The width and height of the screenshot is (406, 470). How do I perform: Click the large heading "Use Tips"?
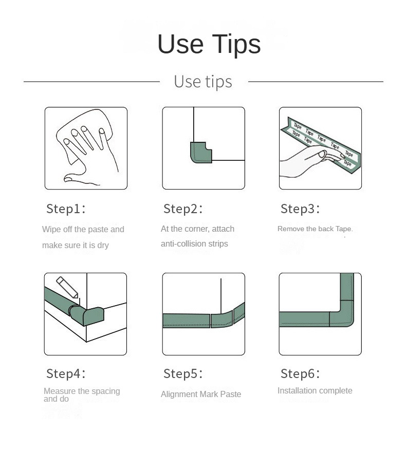[x=209, y=44]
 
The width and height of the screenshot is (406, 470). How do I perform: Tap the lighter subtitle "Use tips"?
[x=203, y=82]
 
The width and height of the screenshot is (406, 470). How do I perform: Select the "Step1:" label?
[x=66, y=209]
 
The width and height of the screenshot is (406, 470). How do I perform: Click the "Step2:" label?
[x=183, y=209]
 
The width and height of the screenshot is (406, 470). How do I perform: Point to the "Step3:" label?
[x=300, y=209]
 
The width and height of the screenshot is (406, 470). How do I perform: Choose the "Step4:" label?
[x=66, y=373]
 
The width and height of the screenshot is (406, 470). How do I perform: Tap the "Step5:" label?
[x=183, y=373]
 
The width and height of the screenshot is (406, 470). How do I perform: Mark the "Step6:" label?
[x=300, y=373]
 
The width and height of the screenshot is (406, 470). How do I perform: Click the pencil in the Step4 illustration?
[x=67, y=287]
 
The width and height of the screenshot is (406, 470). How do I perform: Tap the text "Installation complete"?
[x=315, y=390]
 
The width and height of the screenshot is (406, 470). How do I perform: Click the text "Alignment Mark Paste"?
[x=201, y=394]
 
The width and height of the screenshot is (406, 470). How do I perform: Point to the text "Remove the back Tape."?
[x=315, y=229]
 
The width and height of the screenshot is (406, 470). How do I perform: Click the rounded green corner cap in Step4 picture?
[x=87, y=315]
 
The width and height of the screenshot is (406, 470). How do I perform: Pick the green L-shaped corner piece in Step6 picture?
[x=342, y=313]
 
